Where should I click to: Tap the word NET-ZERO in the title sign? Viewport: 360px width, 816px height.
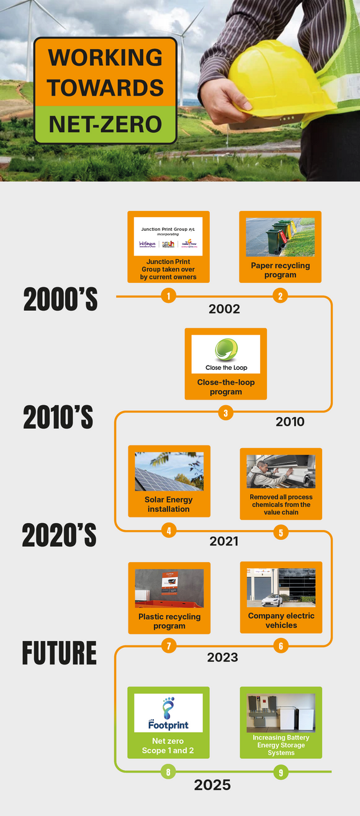(x=105, y=124)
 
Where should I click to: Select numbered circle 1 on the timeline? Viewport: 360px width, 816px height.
(x=168, y=297)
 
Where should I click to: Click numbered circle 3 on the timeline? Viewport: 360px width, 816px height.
(x=225, y=413)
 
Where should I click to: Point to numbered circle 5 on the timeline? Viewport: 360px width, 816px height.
(x=281, y=532)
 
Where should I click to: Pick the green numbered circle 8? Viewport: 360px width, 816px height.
(x=168, y=772)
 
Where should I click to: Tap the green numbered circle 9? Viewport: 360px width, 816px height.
(x=281, y=772)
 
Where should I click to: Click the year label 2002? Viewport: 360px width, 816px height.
(x=224, y=309)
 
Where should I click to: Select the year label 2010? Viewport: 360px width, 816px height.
(x=290, y=422)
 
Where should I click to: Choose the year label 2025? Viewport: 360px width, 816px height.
(x=212, y=786)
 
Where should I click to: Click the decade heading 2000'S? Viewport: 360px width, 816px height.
(x=60, y=300)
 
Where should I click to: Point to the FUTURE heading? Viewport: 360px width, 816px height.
(x=60, y=653)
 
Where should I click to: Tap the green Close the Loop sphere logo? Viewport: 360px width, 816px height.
(x=226, y=350)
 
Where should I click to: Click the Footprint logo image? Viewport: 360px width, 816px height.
(x=168, y=713)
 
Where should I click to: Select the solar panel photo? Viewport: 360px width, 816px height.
(x=169, y=472)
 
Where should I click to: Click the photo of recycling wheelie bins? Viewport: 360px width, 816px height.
(x=280, y=237)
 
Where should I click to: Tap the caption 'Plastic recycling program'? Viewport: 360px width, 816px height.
(x=169, y=621)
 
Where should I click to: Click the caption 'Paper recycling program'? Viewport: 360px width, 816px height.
(x=280, y=270)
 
